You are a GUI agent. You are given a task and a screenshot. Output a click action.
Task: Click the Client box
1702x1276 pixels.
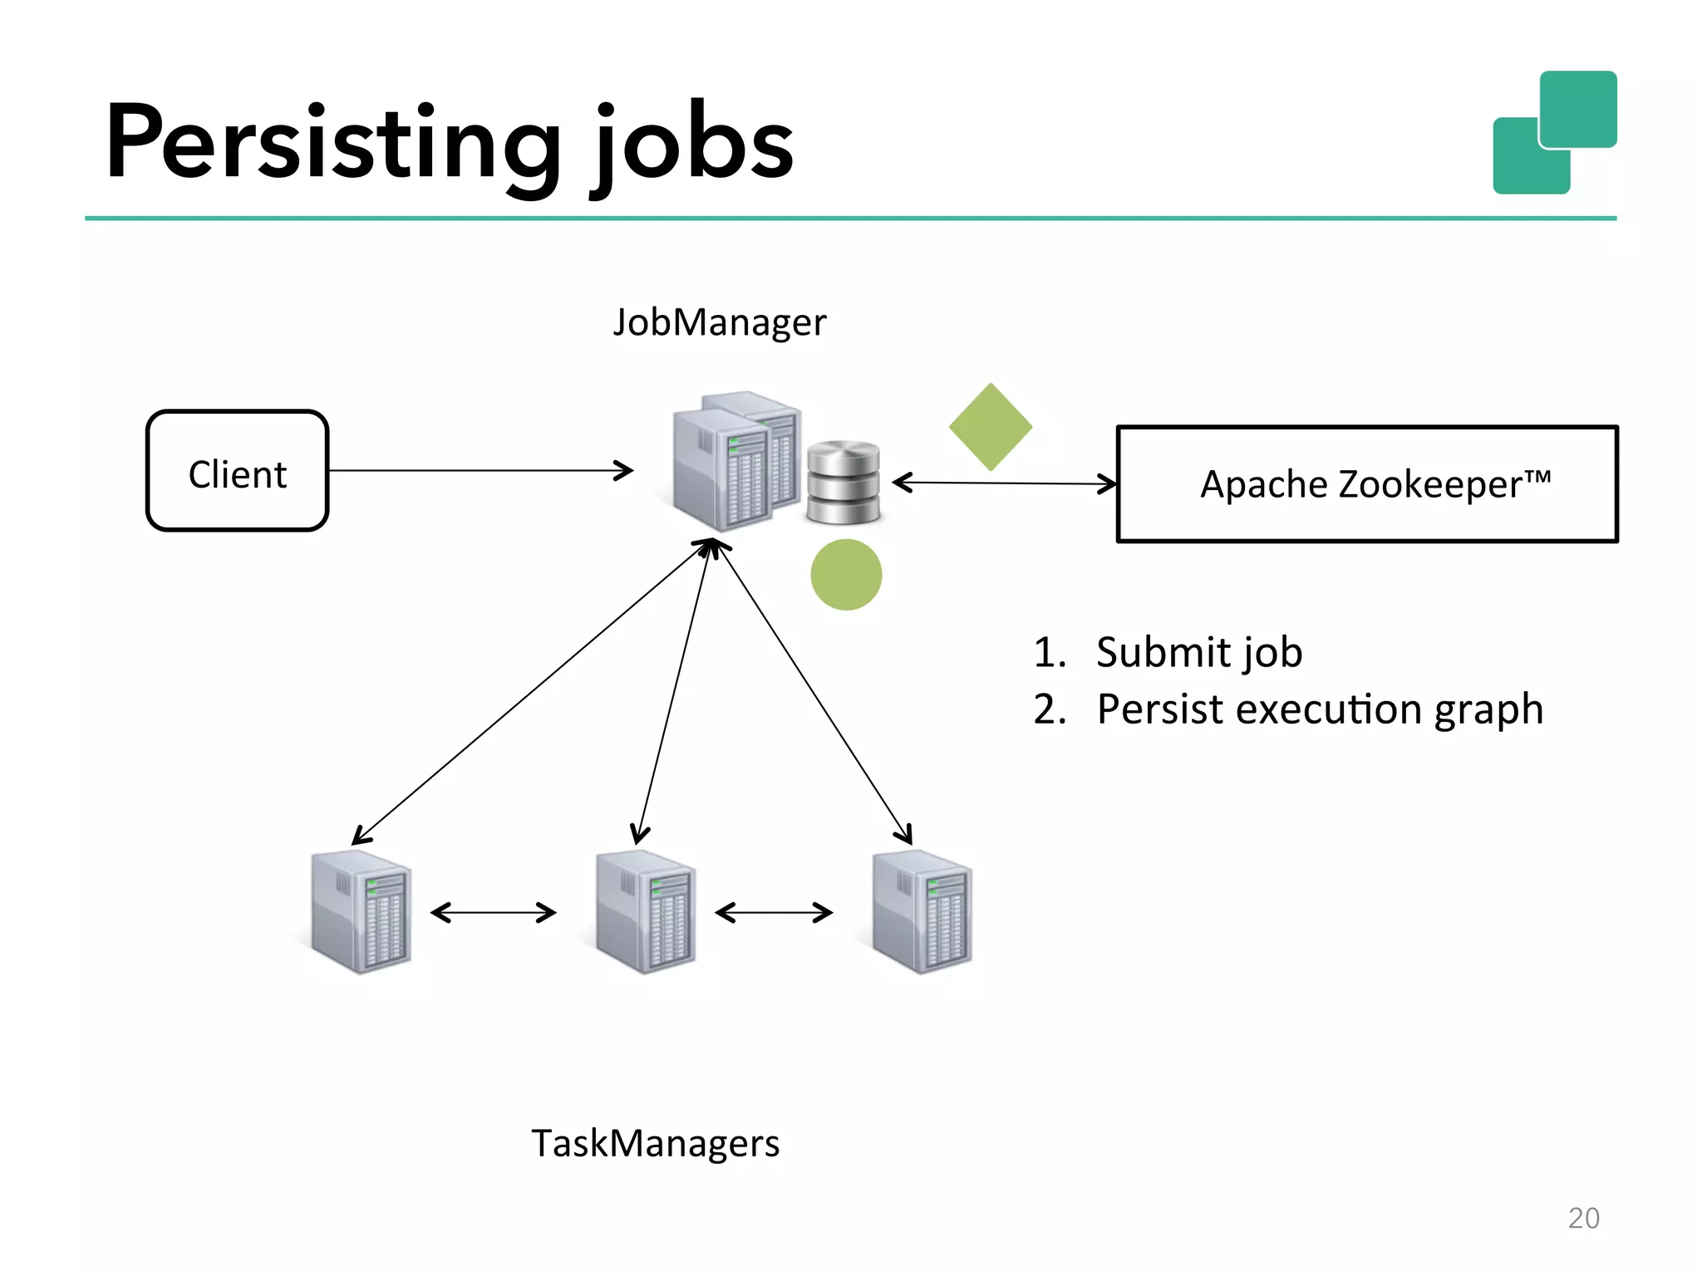pyautogui.click(x=238, y=471)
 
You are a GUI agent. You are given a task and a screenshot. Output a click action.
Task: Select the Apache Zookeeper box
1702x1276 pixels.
pyautogui.click(x=1367, y=484)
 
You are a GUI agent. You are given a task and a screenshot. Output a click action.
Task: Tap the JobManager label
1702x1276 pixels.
pyautogui.click(x=720, y=322)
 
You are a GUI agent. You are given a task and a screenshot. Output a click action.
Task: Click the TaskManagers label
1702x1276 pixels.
pyautogui.click(x=655, y=1143)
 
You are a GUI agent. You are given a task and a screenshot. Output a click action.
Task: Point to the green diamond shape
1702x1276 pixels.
pyautogui.click(x=991, y=427)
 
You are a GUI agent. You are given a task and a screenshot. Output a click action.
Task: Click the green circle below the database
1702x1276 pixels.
pyautogui.click(x=846, y=575)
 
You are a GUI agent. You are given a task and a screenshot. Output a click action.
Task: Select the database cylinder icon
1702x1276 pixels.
pyautogui.click(x=843, y=483)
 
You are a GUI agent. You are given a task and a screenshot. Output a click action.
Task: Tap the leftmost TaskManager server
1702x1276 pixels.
pyautogui.click(x=361, y=911)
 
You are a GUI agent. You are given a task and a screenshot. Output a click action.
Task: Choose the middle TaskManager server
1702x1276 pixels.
pyautogui.click(x=646, y=911)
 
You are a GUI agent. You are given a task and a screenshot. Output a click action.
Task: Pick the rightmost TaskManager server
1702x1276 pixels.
pyautogui.click(x=922, y=911)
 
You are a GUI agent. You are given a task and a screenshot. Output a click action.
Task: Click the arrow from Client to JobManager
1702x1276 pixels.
pyautogui.click(x=480, y=471)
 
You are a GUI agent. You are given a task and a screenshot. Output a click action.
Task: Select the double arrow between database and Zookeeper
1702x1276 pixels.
pyautogui.click(x=1004, y=483)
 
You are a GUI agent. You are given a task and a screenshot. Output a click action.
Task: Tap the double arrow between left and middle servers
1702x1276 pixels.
pyautogui.click(x=494, y=913)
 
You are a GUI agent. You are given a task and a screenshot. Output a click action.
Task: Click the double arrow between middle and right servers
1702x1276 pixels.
pyautogui.click(x=774, y=913)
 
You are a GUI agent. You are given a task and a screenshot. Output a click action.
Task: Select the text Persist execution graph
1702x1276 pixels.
pyautogui.click(x=1319, y=709)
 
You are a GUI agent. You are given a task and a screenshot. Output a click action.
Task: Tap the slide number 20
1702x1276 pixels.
pyautogui.click(x=1583, y=1218)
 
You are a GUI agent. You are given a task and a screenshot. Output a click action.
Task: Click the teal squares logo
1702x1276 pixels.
pyautogui.click(x=1555, y=132)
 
